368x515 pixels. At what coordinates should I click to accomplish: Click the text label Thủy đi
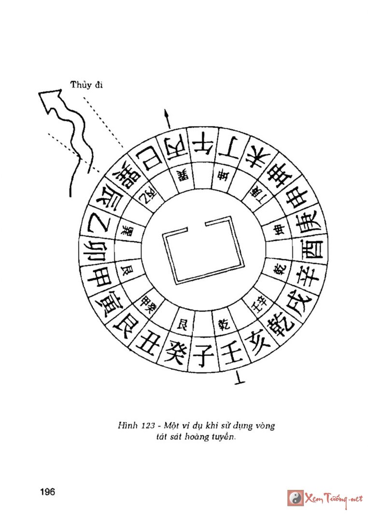point(87,85)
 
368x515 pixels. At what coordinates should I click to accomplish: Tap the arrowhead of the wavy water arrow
point(50,98)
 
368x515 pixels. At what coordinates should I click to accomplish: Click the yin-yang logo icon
point(296,498)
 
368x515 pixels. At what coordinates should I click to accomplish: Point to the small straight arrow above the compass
point(168,117)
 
